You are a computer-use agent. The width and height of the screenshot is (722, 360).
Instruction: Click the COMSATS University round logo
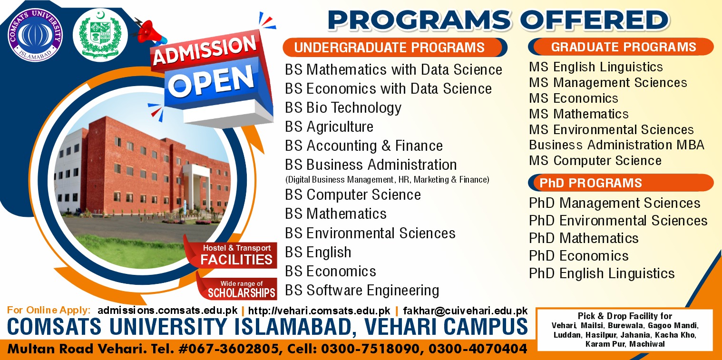click(x=35, y=35)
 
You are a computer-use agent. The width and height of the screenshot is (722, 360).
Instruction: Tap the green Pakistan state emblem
click(x=100, y=35)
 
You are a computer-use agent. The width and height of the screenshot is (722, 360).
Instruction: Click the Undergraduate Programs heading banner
click(x=395, y=48)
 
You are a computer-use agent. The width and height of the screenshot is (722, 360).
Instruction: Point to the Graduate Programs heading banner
click(x=621, y=47)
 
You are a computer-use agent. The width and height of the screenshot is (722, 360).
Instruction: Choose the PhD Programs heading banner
click(x=621, y=183)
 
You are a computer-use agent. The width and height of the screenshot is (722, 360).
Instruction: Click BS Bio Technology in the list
click(x=343, y=108)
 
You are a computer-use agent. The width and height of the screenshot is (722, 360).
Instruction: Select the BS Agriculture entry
click(x=329, y=126)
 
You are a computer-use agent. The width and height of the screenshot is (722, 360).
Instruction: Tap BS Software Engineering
click(x=362, y=291)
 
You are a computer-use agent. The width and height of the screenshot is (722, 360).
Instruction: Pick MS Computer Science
click(x=595, y=160)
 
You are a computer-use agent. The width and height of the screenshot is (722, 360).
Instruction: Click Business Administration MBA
click(x=616, y=145)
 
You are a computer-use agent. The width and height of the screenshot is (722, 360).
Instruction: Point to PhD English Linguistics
click(x=602, y=273)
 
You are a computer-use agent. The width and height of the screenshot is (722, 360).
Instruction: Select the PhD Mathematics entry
click(x=584, y=238)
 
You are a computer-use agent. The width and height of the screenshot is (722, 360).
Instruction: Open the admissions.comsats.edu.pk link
click(x=167, y=311)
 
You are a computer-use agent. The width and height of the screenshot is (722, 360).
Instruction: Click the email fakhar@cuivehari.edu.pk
click(x=466, y=311)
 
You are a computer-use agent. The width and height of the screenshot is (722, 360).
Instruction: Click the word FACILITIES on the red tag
click(x=236, y=260)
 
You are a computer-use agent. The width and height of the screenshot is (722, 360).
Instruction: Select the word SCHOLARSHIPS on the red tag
click(x=242, y=293)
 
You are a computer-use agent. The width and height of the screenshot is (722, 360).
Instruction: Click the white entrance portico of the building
click(x=196, y=185)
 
